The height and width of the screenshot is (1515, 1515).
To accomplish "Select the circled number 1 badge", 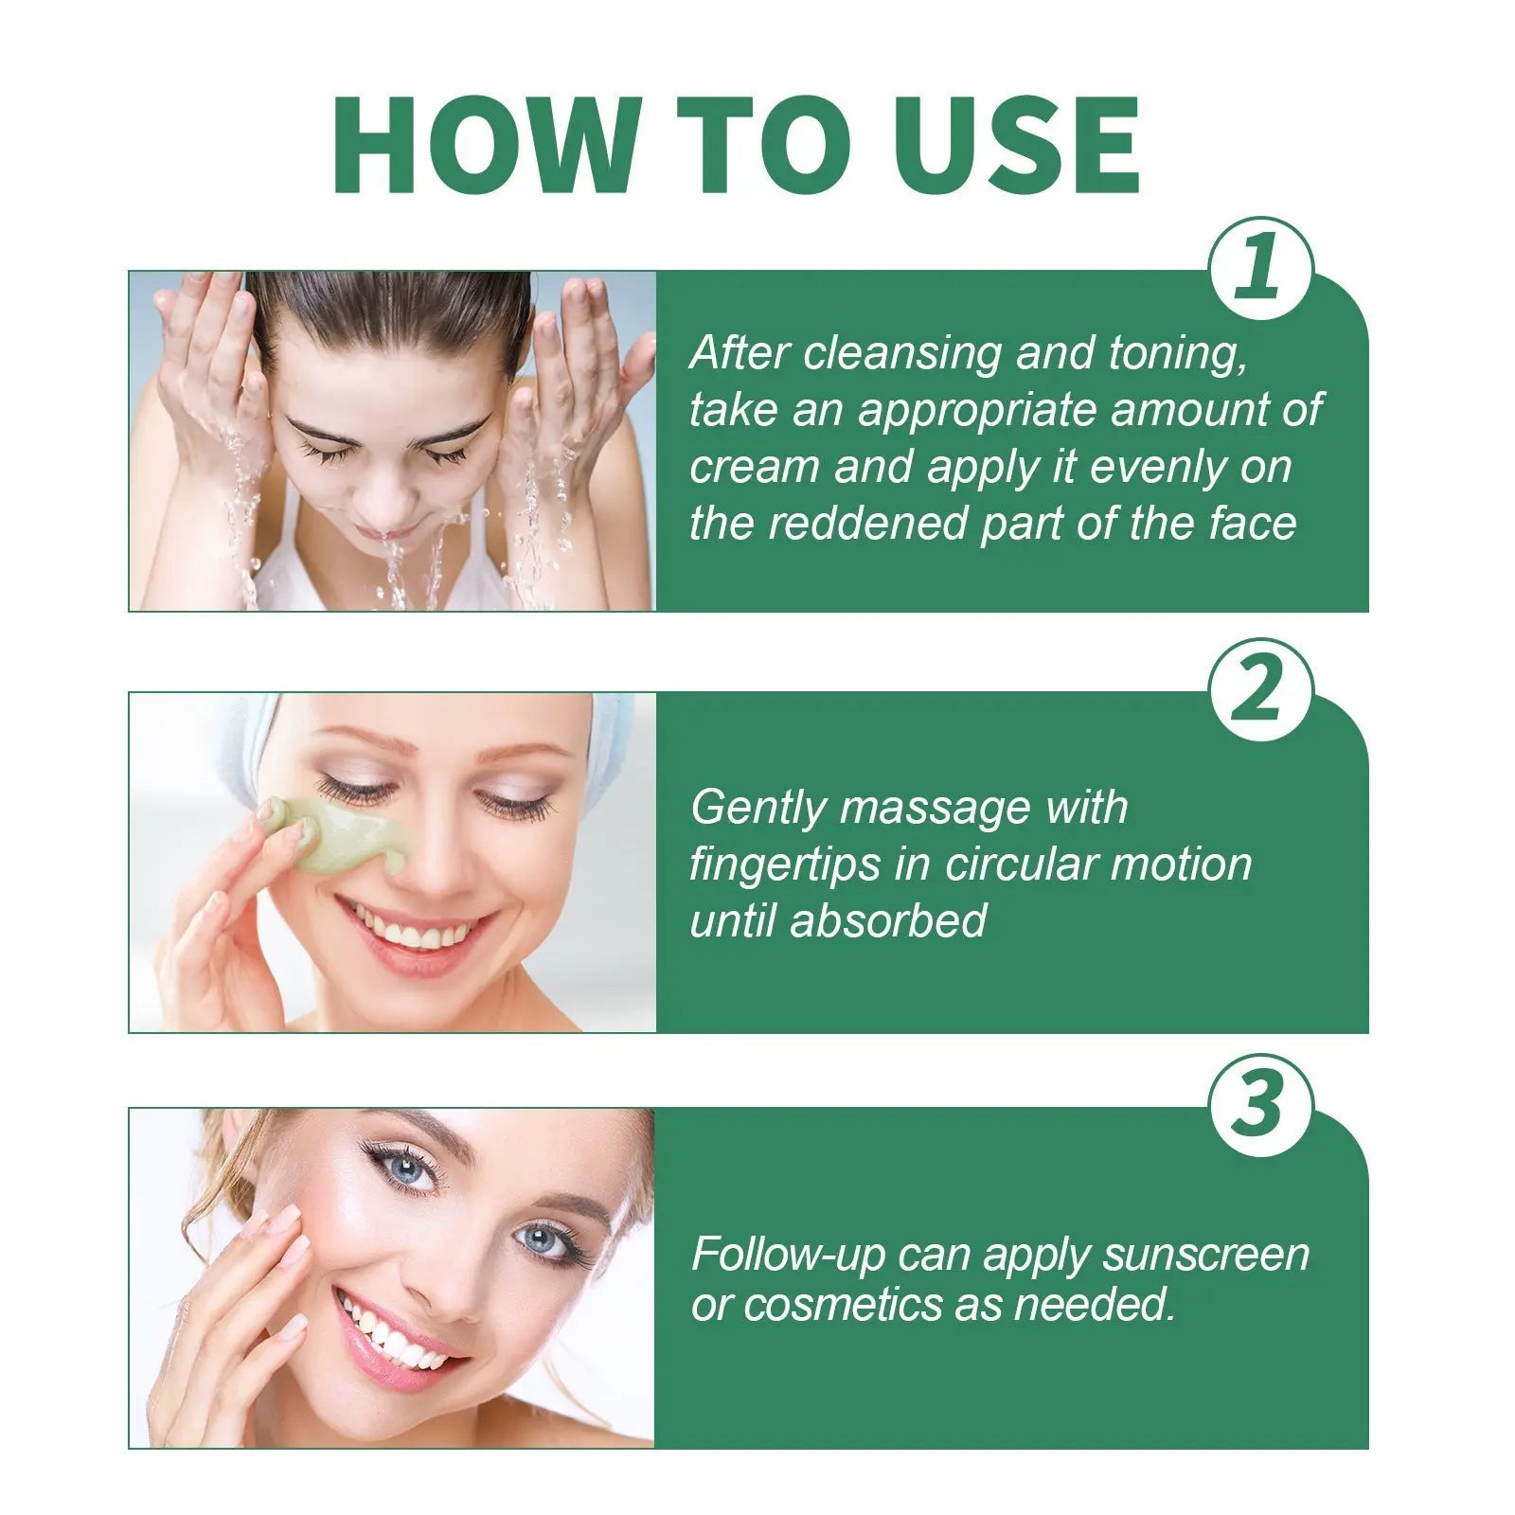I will pyautogui.click(x=1261, y=267).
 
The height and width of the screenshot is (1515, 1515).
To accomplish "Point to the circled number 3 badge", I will pyautogui.click(x=1261, y=1104).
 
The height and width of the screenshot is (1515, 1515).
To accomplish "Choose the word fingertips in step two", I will pyautogui.click(x=785, y=864).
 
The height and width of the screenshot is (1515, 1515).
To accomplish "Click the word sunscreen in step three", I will pyautogui.click(x=1205, y=1255).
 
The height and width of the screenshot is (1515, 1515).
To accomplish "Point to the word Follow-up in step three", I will pyautogui.click(x=788, y=1255).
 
